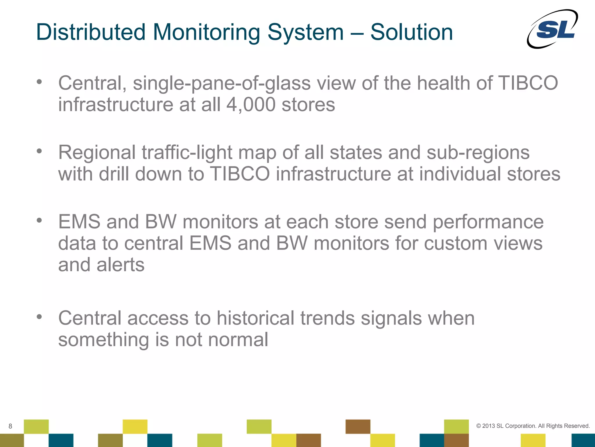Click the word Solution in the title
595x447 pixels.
click(411, 32)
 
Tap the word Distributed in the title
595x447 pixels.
click(91, 32)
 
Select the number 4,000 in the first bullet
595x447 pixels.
click(251, 104)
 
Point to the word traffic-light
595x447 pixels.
click(187, 153)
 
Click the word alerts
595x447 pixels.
click(120, 265)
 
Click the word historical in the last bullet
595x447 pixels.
click(255, 318)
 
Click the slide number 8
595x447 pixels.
click(10, 426)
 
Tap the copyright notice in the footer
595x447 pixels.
click(533, 426)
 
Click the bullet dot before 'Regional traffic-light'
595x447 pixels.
click(40, 151)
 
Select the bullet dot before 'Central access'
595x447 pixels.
click(40, 316)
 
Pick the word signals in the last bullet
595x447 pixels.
click(391, 318)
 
